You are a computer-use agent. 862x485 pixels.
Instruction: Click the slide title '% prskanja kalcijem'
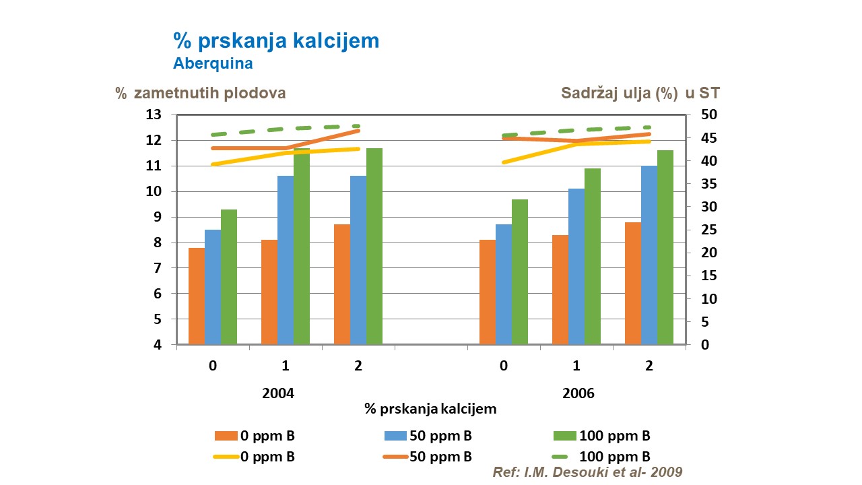pyautogui.click(x=276, y=41)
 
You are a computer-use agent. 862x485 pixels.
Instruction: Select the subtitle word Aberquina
pyautogui.click(x=213, y=64)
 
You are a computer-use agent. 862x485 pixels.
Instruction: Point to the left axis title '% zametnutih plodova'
pyautogui.click(x=200, y=94)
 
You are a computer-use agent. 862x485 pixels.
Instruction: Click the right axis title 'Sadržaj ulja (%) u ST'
pyautogui.click(x=640, y=94)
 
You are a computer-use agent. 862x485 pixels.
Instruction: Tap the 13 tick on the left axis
pyautogui.click(x=154, y=115)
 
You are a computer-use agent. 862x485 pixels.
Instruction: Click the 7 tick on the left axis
pyautogui.click(x=157, y=269)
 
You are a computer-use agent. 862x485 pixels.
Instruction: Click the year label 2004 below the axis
pyautogui.click(x=278, y=393)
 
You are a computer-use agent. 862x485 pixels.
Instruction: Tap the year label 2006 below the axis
pyautogui.click(x=578, y=393)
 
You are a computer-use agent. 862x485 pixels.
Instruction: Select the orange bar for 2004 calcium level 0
pyautogui.click(x=197, y=296)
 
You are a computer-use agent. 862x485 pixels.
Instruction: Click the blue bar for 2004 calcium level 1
pyautogui.click(x=286, y=260)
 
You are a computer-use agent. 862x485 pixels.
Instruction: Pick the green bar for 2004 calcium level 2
pyautogui.click(x=374, y=246)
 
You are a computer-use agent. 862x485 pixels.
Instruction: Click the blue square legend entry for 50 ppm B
pyautogui.click(x=392, y=436)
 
